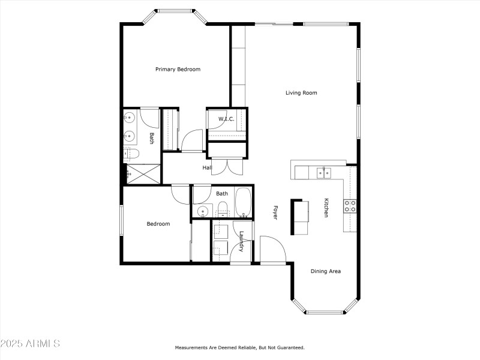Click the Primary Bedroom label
178,70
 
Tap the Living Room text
301,93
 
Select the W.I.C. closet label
226,119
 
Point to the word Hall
207,167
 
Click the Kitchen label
326,208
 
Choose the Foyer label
275,212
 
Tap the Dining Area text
326,271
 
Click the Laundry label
241,241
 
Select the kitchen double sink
323,173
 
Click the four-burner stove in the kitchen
350,206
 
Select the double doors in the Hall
224,165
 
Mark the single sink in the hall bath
202,211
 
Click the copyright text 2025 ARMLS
30,344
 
